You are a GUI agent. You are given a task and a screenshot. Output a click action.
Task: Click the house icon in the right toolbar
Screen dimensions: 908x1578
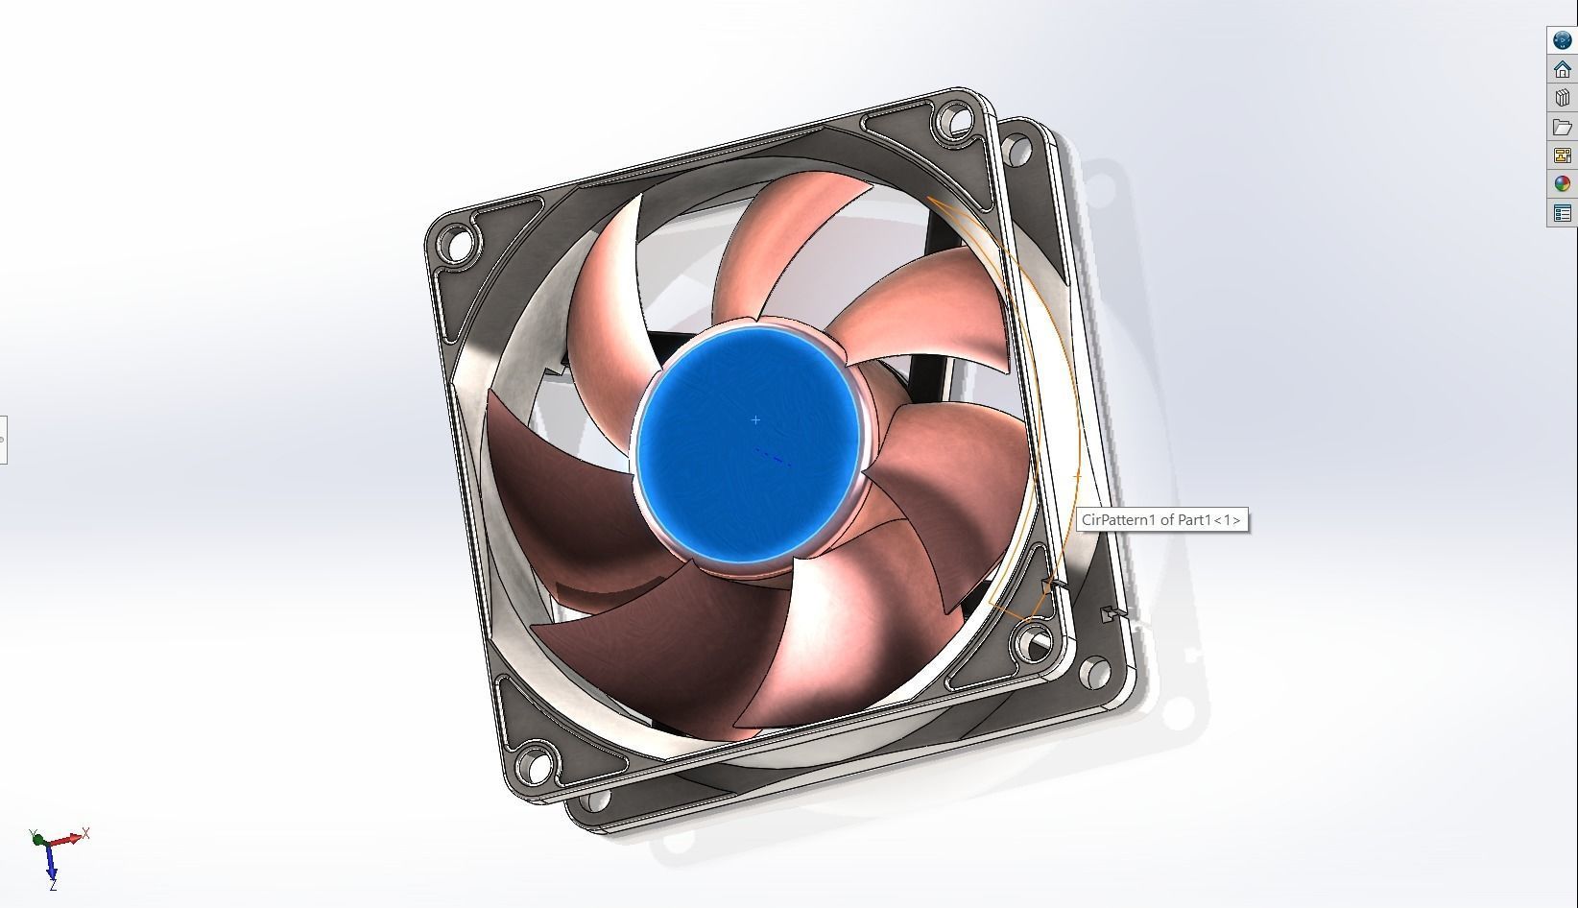tap(1562, 69)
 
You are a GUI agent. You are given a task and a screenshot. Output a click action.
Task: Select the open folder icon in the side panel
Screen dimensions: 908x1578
tap(1562, 127)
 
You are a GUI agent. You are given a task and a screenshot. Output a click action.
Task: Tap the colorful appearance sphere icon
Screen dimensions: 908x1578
tap(1562, 184)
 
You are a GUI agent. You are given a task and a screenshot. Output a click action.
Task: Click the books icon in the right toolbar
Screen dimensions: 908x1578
tap(1562, 98)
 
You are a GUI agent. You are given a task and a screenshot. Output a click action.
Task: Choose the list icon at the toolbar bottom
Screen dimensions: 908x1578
tap(1562, 213)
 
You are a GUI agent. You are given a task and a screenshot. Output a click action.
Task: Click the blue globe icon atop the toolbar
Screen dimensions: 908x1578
tap(1562, 40)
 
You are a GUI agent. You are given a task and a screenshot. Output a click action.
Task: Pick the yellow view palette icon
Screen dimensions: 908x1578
tap(1562, 155)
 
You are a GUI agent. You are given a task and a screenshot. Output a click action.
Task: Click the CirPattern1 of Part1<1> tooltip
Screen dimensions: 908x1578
tap(1161, 520)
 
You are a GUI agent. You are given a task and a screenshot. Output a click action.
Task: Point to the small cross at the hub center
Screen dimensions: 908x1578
tap(755, 419)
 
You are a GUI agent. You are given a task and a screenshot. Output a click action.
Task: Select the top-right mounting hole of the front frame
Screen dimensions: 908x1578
tap(954, 122)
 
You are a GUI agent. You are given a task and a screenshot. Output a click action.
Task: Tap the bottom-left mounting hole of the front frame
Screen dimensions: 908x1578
tap(537, 765)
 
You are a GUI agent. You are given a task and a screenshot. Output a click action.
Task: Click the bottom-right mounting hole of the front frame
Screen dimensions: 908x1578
tap(1035, 640)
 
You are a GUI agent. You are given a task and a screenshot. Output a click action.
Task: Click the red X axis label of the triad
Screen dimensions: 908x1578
tap(85, 833)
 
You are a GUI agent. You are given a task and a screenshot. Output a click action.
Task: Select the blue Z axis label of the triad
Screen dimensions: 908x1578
tap(53, 884)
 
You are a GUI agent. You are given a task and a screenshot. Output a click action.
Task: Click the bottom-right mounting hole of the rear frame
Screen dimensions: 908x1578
tap(1092, 671)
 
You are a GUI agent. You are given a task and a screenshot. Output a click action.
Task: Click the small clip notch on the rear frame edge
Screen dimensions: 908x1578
tap(1109, 613)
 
